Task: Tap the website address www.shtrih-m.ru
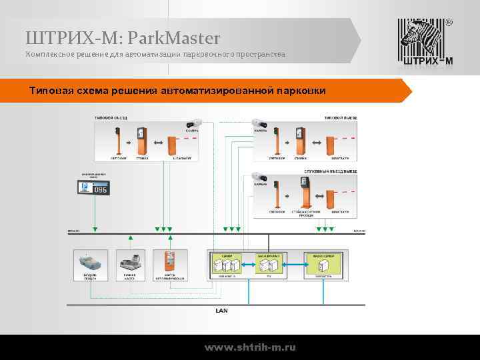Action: point(250,347)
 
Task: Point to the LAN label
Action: point(221,310)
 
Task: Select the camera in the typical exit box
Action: point(258,124)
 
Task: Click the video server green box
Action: point(323,264)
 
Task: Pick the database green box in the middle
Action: point(269,264)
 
